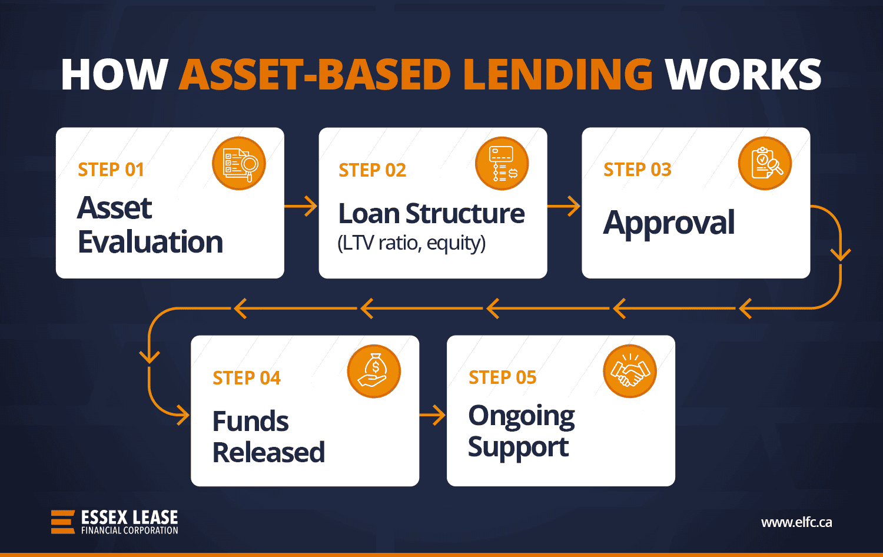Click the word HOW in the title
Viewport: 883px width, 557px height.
[114, 75]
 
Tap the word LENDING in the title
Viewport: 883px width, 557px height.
[557, 75]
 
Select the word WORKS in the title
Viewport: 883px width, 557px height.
[743, 75]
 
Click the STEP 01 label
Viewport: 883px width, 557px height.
[111, 170]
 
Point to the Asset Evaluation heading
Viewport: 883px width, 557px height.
[150, 225]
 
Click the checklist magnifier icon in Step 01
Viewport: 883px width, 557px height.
[239, 164]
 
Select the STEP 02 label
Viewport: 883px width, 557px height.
[372, 170]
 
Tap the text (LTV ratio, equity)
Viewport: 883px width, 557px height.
[411, 243]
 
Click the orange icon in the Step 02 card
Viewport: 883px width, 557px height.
[502, 164]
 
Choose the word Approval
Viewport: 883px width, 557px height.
[669, 223]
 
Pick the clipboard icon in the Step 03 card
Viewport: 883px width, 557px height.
[765, 164]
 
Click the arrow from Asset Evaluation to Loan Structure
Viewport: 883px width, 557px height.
[301, 207]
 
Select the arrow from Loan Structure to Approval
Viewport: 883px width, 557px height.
[564, 207]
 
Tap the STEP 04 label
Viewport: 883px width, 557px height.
[247, 378]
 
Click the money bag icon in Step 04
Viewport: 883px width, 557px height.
[374, 372]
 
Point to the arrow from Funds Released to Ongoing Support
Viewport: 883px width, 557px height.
[433, 415]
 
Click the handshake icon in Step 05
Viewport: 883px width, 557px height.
[629, 371]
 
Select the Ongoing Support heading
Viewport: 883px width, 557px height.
[521, 432]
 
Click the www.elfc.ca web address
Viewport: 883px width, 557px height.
[796, 522]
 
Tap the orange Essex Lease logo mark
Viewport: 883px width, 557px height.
[63, 522]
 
